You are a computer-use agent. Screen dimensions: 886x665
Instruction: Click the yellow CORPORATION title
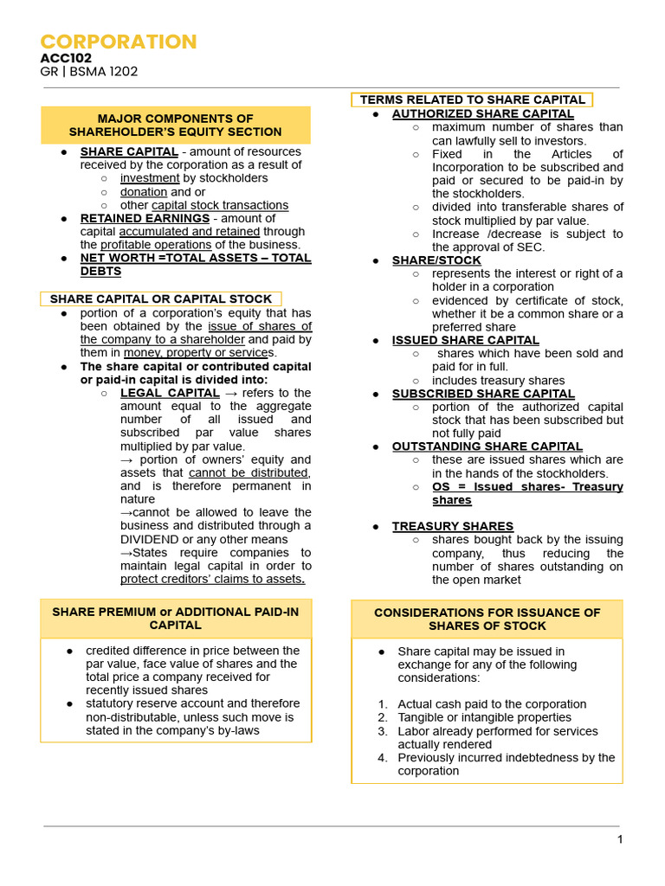click(119, 42)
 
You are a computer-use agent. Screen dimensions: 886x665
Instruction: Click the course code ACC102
click(66, 58)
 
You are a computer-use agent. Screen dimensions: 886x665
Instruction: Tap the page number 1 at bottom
click(619, 839)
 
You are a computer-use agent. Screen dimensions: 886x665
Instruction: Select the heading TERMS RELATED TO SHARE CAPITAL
click(472, 100)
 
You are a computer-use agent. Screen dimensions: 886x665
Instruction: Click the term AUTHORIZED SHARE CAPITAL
click(482, 113)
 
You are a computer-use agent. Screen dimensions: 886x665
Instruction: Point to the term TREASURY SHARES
click(452, 526)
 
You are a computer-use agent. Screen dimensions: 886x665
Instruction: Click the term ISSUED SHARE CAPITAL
click(465, 340)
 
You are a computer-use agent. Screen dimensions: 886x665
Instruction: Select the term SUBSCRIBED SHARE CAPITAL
click(483, 394)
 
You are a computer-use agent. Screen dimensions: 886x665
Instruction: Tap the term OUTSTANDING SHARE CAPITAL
click(487, 446)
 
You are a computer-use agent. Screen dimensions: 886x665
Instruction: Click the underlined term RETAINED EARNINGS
click(145, 218)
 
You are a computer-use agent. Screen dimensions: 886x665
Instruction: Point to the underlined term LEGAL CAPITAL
click(170, 393)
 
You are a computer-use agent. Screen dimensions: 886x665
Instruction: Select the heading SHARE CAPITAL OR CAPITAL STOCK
click(161, 299)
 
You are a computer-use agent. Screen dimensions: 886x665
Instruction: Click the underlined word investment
click(151, 178)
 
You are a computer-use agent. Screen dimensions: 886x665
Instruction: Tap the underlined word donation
click(144, 191)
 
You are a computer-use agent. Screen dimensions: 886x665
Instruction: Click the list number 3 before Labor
click(383, 731)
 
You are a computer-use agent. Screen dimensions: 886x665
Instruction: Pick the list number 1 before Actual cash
click(383, 704)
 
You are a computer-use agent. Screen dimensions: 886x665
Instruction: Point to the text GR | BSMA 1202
click(88, 72)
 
